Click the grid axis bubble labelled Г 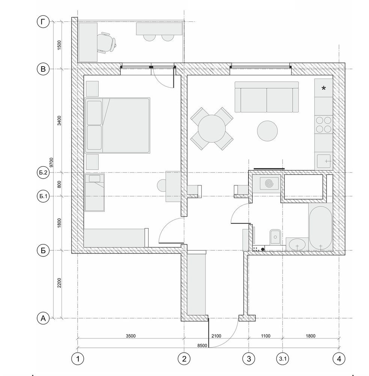[x=43, y=22]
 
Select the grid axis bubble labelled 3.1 [x=283, y=359]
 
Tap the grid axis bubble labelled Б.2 [x=43, y=173]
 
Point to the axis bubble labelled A [x=43, y=318]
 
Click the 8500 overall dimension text [x=202, y=346]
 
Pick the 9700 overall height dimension [x=51, y=162]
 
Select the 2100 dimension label [x=216, y=336]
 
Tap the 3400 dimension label [x=59, y=120]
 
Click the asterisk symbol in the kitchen [x=324, y=88]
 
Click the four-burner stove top [x=324, y=125]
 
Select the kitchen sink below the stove [x=324, y=161]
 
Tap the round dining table [x=212, y=129]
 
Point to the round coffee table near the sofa [x=268, y=131]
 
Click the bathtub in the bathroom [x=321, y=228]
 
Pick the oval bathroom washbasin [x=297, y=245]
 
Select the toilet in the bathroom [x=275, y=237]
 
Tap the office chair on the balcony [x=107, y=42]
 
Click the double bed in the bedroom [x=117, y=125]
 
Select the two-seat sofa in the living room [x=267, y=97]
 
